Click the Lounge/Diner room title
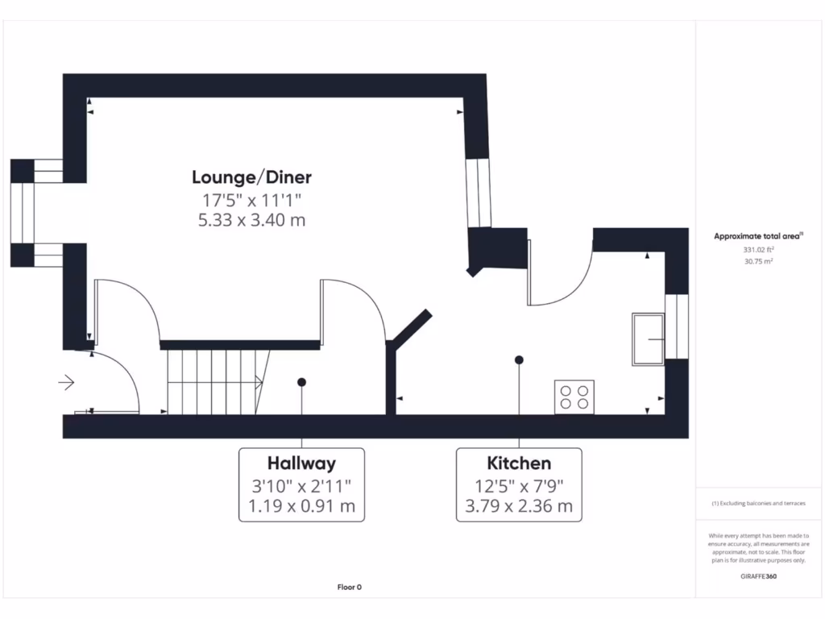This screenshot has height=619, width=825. tap(251, 177)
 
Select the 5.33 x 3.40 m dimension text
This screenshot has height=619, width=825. tap(251, 219)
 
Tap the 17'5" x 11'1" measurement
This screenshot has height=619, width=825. tap(251, 199)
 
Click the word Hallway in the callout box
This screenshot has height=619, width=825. tap(301, 463)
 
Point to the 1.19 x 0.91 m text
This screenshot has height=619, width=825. tap(301, 507)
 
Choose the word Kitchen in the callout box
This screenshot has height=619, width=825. tap(519, 463)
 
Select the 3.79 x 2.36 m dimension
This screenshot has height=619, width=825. tap(519, 507)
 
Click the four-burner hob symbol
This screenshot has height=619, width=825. tap(574, 397)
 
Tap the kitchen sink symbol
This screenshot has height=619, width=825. tap(648, 339)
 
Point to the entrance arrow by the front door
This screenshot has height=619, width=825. tap(67, 382)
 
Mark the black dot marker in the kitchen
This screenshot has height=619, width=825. tap(519, 359)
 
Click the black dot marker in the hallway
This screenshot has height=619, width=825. tap(301, 382)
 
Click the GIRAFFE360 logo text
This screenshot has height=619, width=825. tap(758, 576)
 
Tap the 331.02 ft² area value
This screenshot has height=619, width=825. tap(758, 250)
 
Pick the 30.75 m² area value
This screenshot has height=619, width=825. tap(758, 262)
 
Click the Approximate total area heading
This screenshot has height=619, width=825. tap(758, 236)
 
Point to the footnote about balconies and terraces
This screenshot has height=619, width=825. tap(758, 504)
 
